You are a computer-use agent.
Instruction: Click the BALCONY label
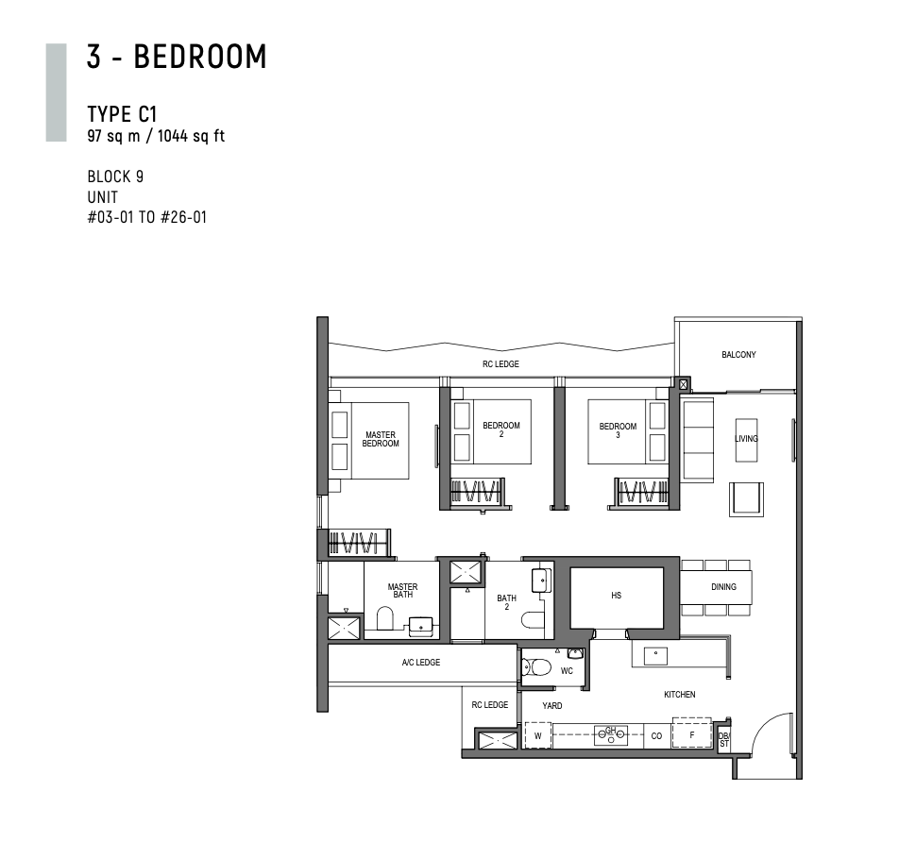point(738,354)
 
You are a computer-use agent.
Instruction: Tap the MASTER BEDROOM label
point(381,439)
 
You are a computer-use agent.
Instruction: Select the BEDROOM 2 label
point(501,429)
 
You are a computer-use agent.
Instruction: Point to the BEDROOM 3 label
point(618,430)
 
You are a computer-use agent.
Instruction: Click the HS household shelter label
point(617,596)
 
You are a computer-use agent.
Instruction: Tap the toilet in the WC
point(536,666)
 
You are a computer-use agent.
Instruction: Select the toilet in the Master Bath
point(385,618)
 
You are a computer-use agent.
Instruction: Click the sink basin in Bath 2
point(541,581)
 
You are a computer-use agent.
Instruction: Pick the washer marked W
point(538,735)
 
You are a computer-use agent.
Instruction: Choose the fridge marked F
point(691,733)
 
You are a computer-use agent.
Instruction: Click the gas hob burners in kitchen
point(611,735)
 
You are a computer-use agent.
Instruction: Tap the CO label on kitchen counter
point(656,735)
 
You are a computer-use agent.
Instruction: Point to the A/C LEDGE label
point(421,662)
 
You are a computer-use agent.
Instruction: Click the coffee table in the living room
point(746,440)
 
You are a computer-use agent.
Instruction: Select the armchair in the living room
point(746,499)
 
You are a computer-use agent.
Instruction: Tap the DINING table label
point(723,587)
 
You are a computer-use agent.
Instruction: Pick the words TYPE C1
point(122,114)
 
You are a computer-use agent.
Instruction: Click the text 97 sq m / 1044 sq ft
point(156,136)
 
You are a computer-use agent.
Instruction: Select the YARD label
point(552,705)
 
